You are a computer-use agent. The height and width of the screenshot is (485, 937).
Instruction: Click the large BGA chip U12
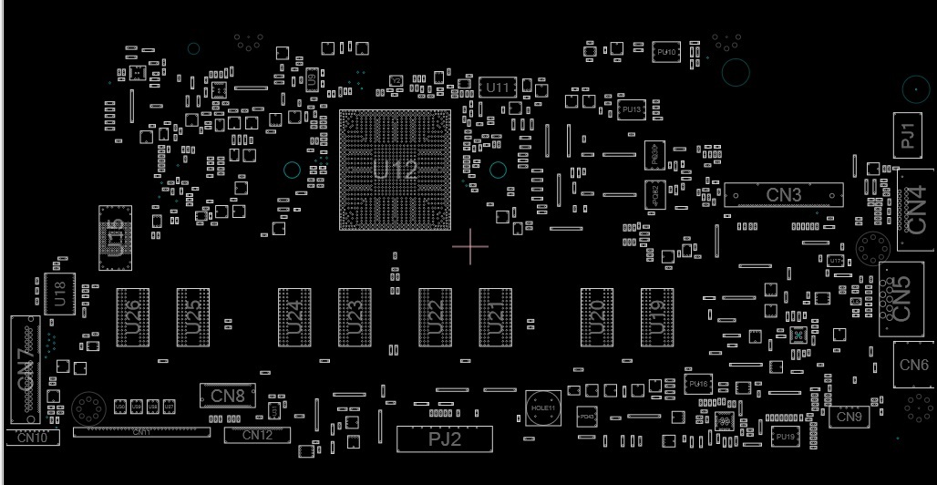(x=395, y=170)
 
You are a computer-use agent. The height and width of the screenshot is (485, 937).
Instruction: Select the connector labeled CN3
(x=783, y=195)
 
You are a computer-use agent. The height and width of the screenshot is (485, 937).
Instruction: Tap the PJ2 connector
(x=444, y=439)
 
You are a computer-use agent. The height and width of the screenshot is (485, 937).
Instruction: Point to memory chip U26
(x=132, y=316)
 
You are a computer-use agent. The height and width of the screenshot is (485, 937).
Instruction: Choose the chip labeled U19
(x=657, y=316)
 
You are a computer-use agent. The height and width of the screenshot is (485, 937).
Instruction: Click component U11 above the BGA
(x=498, y=88)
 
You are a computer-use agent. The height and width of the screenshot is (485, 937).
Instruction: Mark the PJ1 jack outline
(x=907, y=136)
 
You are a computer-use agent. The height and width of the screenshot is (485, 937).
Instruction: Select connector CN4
(x=914, y=209)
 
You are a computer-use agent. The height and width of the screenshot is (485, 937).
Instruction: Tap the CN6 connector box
(x=913, y=366)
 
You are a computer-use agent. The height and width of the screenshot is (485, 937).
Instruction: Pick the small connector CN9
(x=849, y=417)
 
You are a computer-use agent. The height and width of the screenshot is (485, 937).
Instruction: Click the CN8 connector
(x=228, y=396)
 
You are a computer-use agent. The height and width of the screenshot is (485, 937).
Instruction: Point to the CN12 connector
(x=257, y=436)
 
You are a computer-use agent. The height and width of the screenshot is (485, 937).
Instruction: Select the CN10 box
(x=33, y=438)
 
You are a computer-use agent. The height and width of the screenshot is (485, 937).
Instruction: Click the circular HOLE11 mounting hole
(x=542, y=408)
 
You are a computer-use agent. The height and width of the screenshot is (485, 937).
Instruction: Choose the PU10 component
(x=666, y=53)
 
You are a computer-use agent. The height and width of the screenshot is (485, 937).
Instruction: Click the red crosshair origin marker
(x=470, y=246)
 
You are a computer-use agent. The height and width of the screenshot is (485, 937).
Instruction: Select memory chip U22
(x=436, y=316)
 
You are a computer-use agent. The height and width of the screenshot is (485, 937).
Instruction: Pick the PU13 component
(x=631, y=109)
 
